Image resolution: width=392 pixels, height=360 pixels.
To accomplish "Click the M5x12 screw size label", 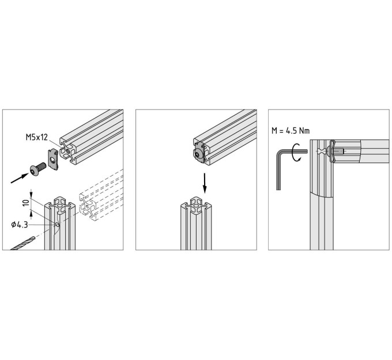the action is pyautogui.click(x=36, y=137).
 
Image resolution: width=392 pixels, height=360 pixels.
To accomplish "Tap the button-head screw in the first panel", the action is pyautogui.click(x=37, y=169).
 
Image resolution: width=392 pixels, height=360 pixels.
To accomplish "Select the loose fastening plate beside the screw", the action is pyautogui.click(x=53, y=159).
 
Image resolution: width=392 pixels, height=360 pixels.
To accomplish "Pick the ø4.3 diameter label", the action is pyautogui.click(x=19, y=225).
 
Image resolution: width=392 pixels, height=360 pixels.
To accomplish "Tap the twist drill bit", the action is pyautogui.click(x=22, y=244).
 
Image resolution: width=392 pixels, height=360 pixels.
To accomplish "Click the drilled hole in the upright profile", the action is pyautogui.click(x=58, y=225).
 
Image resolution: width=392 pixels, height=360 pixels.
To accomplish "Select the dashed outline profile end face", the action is pyautogui.click(x=88, y=207).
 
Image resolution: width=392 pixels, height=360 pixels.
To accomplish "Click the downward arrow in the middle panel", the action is pyautogui.click(x=205, y=183).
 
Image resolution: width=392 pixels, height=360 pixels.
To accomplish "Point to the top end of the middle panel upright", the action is pyautogui.click(x=196, y=205).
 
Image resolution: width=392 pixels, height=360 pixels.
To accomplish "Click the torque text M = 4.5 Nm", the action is pyautogui.click(x=291, y=131).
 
